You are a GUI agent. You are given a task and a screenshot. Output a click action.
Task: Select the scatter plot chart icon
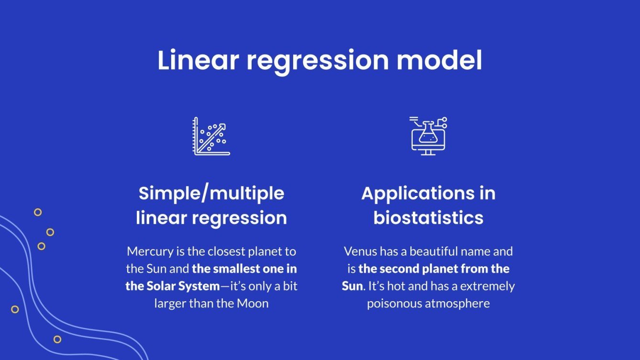(x=211, y=136)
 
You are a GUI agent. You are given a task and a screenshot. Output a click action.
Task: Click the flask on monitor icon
(x=428, y=136)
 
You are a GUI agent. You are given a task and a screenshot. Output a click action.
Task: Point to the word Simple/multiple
(x=211, y=194)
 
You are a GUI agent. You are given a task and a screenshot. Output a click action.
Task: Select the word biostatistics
(x=428, y=218)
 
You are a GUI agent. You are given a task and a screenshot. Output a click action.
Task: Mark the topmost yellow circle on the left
(x=38, y=212)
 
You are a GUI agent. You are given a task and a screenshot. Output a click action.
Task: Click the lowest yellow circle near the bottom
(x=57, y=339)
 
